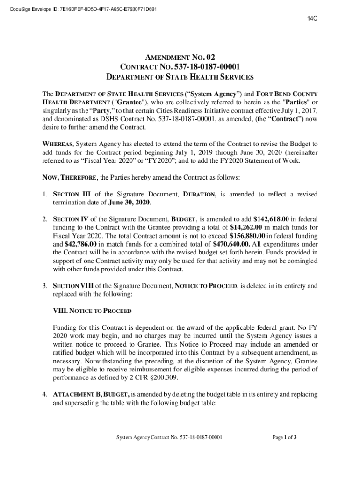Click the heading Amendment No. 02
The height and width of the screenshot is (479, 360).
coord(180,58)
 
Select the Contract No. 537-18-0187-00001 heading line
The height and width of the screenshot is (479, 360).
coord(180,67)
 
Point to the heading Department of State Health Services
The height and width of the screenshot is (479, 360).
coord(180,77)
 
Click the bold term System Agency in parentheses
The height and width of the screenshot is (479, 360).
coord(204,93)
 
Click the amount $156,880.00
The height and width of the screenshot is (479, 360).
coord(252,235)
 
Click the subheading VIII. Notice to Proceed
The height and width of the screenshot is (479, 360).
coord(92,311)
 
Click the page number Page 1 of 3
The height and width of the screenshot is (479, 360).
coord(285,438)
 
